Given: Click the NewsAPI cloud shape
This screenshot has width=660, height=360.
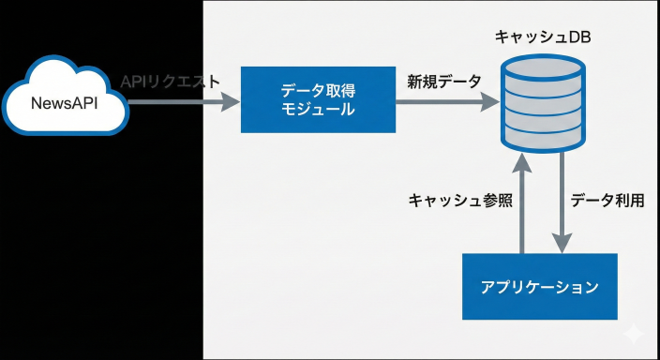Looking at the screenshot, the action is (66, 96).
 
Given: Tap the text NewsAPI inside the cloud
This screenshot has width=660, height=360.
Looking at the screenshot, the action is (65, 103).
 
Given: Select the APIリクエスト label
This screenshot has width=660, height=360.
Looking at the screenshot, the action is (170, 82).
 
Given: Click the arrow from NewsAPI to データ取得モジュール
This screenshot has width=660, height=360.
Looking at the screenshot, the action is (184, 101).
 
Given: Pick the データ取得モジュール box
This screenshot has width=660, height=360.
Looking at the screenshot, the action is (318, 99).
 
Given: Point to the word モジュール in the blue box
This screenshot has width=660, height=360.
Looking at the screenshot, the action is (318, 110).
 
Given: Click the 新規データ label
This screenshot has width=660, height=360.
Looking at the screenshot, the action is (444, 82).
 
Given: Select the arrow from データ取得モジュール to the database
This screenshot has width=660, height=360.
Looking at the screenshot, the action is (447, 101).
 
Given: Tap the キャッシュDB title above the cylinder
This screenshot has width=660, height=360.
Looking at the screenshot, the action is (543, 37).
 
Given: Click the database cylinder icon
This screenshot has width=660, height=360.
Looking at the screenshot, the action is (543, 103).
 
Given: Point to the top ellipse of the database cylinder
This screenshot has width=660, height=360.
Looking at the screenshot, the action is (543, 67).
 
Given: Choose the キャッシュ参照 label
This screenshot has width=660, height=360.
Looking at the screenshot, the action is (460, 201).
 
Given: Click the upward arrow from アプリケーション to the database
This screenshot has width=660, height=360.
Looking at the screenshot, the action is (522, 202).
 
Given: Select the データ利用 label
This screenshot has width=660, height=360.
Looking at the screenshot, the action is (607, 201).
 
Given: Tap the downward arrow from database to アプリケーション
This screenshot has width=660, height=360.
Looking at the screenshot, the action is (562, 202).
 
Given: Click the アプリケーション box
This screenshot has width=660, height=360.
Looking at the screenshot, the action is (540, 286).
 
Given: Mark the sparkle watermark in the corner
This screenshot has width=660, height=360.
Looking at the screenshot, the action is (634, 334).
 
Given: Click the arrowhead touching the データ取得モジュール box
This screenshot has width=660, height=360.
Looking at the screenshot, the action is (231, 101).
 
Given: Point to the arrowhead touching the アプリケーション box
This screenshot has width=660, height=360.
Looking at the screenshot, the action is (562, 244).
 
